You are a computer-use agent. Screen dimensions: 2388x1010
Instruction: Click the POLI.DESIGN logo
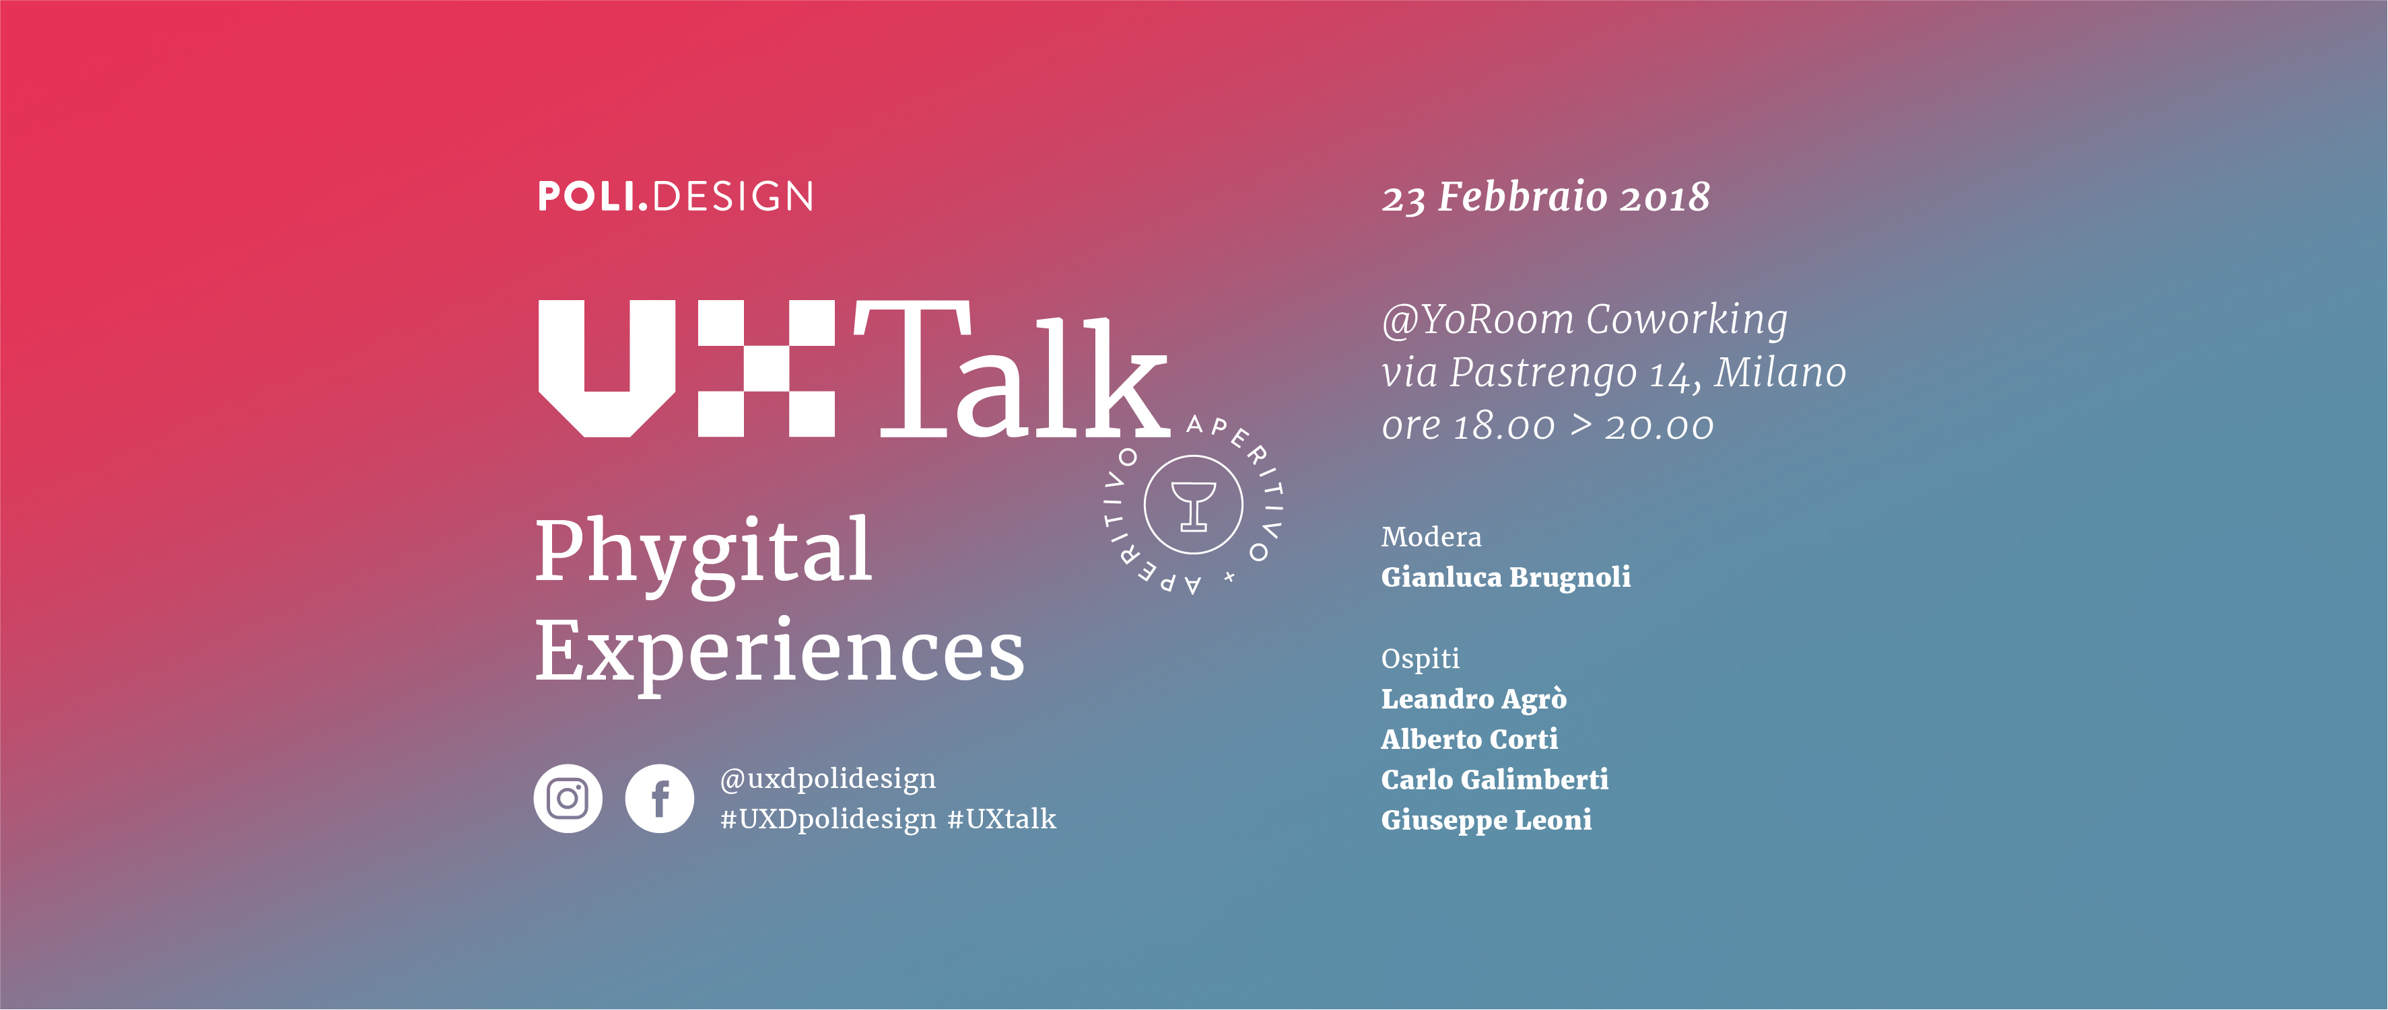[x=676, y=196]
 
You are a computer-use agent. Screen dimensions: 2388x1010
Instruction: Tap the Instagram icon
[x=568, y=799]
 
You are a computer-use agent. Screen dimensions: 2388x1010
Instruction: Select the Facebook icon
[x=659, y=799]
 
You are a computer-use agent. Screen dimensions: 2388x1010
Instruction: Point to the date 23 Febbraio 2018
[x=1545, y=197]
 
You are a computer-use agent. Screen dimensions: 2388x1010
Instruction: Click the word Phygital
[x=704, y=554]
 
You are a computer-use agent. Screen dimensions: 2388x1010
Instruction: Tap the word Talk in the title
[x=1011, y=369]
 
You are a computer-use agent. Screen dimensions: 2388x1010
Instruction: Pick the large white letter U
[x=607, y=368]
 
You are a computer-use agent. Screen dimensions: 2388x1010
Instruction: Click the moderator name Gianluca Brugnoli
[x=1505, y=577]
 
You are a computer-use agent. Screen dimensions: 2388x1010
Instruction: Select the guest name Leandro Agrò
[x=1474, y=698]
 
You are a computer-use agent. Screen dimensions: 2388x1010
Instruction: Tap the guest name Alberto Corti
[x=1469, y=740]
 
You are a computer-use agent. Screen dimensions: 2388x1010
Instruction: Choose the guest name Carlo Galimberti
[x=1495, y=779]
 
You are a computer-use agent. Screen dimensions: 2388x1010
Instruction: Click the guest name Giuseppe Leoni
[x=1486, y=821]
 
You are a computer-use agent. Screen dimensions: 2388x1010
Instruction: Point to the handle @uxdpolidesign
[x=828, y=779]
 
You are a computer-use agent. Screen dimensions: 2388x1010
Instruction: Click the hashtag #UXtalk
[x=1001, y=819]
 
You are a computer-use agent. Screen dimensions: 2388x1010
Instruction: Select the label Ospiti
[x=1420, y=659]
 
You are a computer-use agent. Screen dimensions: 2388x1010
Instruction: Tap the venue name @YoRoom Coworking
[x=1584, y=320]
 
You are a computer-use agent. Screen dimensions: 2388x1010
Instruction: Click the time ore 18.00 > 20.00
[x=1547, y=426]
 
